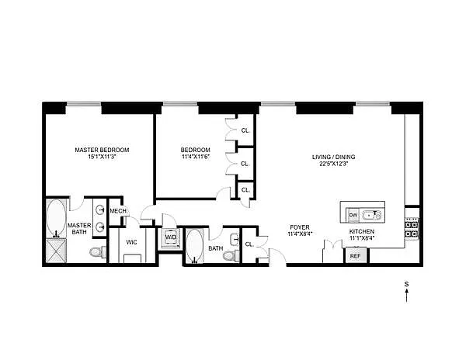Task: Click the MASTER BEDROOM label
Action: click(x=102, y=150)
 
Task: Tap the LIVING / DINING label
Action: click(x=333, y=157)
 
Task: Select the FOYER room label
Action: click(x=300, y=227)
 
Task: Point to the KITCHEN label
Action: click(x=362, y=231)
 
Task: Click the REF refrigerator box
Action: click(x=356, y=255)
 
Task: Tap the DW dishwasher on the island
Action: click(x=353, y=215)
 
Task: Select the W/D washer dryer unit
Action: click(x=171, y=237)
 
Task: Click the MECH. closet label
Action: click(x=119, y=211)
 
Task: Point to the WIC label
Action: click(x=131, y=242)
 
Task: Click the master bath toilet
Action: click(x=98, y=252)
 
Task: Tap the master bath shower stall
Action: click(x=57, y=251)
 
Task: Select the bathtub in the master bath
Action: click(x=56, y=218)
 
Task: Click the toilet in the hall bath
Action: click(x=231, y=256)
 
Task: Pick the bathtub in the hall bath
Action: click(x=195, y=246)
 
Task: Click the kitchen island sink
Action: click(x=372, y=215)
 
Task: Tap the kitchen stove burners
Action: click(x=412, y=227)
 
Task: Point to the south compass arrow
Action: click(x=406, y=296)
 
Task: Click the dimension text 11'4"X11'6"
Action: click(x=196, y=157)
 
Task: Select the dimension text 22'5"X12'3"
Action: click(x=333, y=164)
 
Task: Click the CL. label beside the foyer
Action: click(x=249, y=244)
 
